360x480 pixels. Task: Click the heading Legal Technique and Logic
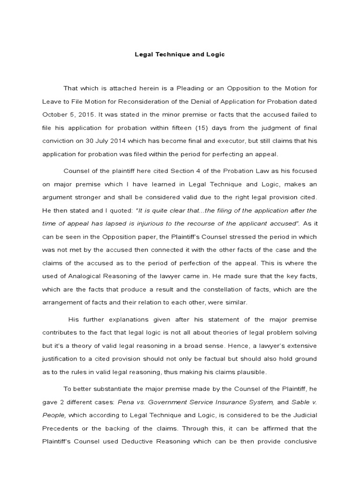tap(180, 54)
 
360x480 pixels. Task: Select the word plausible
tap(249, 372)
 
